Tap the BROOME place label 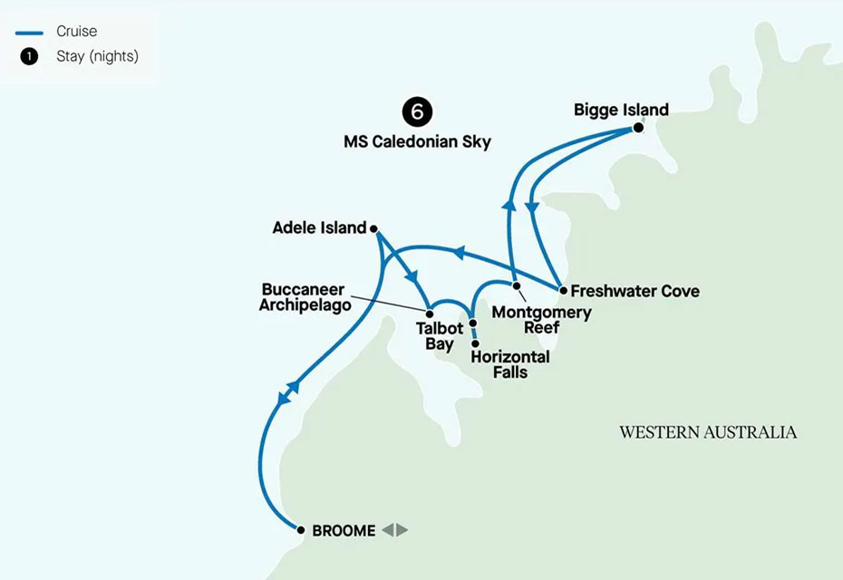[x=343, y=531]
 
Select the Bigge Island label [x=621, y=110]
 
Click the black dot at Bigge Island [x=637, y=129]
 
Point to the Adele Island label [x=319, y=228]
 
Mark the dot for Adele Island [x=374, y=229]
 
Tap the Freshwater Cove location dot [x=563, y=292]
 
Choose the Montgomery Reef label [x=541, y=320]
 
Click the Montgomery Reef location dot [x=518, y=287]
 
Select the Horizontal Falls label [x=510, y=364]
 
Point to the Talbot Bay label [x=435, y=337]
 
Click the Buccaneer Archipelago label [x=305, y=297]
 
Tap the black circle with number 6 [x=417, y=112]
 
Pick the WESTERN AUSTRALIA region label [x=708, y=432]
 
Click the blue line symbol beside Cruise [x=29, y=33]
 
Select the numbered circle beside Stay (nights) [x=29, y=57]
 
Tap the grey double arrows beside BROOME [x=394, y=531]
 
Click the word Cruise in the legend [x=76, y=33]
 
